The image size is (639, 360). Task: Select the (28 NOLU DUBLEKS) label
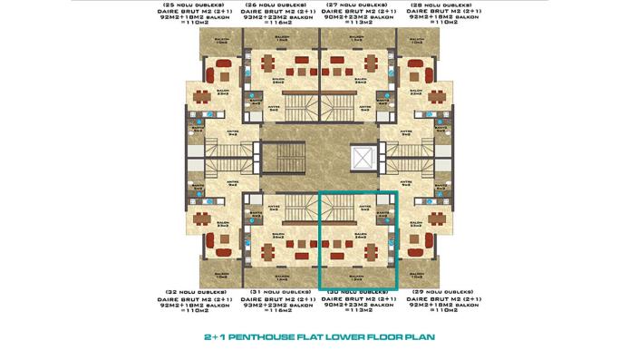pos(441,5)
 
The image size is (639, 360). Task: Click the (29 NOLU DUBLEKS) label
pos(441,291)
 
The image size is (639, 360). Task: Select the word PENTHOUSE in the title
pos(276,336)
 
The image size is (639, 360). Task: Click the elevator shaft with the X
pos(360,156)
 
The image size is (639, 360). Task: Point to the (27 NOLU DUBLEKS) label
pos(360,5)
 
